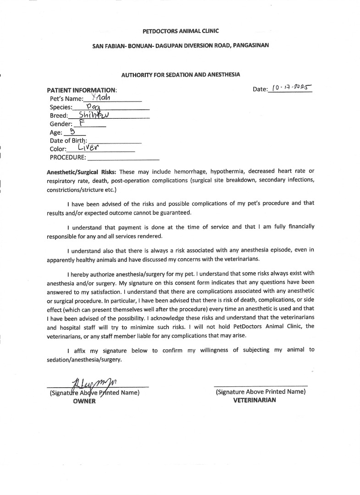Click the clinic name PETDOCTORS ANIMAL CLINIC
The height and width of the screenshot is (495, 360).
pos(181,31)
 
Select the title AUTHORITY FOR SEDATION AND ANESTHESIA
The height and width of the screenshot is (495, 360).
pos(181,74)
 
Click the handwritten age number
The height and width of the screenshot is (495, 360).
pos(72,132)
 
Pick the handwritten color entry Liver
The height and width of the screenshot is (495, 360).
pos(89,148)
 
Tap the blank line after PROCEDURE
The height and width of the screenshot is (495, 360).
pos(123,158)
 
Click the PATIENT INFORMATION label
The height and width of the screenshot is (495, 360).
pos(82,90)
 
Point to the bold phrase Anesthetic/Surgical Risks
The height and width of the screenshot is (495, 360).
pos(82,172)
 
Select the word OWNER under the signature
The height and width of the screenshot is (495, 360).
pos(84,401)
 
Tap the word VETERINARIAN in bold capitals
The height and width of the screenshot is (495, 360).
pos(255,400)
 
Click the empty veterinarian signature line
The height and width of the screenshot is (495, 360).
pos(260,384)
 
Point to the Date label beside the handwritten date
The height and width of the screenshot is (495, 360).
pos(260,89)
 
